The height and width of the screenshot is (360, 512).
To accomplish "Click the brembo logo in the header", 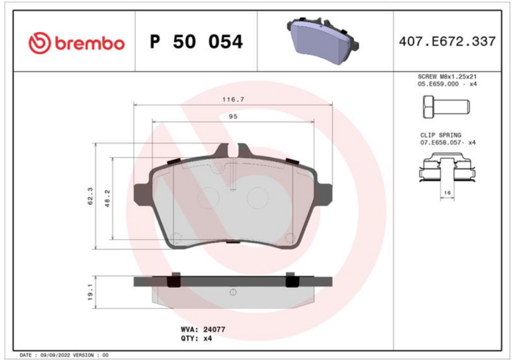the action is [77, 43].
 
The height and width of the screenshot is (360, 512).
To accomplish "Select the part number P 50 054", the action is [196, 42].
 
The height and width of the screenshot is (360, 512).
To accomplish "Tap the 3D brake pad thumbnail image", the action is [323, 40].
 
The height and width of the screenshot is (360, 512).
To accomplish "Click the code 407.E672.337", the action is [447, 42].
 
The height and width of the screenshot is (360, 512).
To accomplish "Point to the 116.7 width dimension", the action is [233, 100].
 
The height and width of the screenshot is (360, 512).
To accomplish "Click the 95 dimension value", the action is [233, 116].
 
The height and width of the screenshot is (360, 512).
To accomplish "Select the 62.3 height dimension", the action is [90, 196].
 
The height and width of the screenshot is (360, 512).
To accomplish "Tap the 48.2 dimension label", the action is [108, 198].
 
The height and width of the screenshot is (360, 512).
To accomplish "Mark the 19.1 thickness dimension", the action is [90, 292].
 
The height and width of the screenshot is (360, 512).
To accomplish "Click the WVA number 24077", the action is [214, 330].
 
